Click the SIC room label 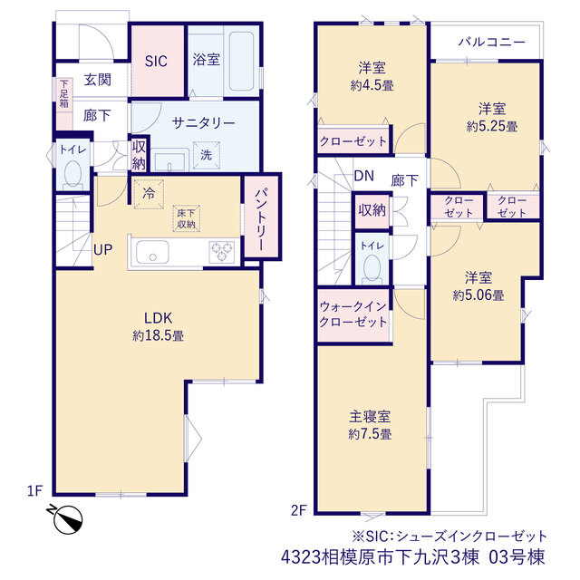156,61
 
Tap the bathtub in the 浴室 241,61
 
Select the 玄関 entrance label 97,80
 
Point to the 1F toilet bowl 72,173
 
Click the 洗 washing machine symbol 207,155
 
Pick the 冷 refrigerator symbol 149,194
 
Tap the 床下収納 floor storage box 186,218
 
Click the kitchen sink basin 152,252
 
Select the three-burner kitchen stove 221,252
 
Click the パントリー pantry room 262,217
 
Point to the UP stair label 102,250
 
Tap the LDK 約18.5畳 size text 159,336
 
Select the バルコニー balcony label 491,43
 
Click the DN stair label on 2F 364,176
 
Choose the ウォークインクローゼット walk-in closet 353,315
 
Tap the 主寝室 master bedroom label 370,417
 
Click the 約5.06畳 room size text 478,295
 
